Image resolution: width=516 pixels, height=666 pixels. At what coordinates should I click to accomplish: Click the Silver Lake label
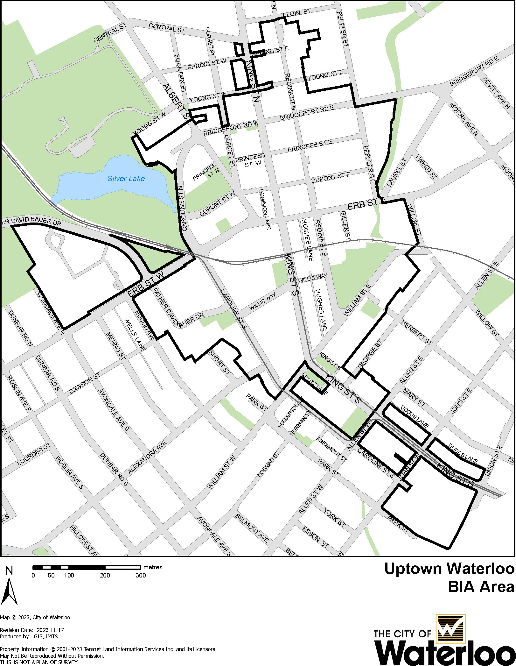126,179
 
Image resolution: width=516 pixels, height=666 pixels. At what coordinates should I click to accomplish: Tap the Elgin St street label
296,13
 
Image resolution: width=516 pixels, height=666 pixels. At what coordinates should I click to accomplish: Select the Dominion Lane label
265,209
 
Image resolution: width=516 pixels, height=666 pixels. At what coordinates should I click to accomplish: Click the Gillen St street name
345,226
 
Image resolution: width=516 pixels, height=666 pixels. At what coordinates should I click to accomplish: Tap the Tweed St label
426,167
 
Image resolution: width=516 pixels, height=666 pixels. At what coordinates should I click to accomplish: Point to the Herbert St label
416,332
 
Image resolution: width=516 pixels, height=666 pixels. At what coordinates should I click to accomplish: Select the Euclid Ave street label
145,325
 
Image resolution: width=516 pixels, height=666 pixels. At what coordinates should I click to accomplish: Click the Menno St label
115,346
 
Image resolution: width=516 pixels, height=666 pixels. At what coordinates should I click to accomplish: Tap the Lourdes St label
33,454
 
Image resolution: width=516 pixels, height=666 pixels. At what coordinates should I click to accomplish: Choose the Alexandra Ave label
147,457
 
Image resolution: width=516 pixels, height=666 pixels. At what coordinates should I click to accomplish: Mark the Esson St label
315,537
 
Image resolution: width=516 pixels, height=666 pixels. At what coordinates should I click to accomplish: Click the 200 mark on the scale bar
105,575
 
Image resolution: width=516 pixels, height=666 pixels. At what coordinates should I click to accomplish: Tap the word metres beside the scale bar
153,567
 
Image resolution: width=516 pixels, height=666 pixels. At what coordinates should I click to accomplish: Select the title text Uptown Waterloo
449,569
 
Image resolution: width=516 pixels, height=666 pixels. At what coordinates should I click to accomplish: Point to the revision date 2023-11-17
50,630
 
